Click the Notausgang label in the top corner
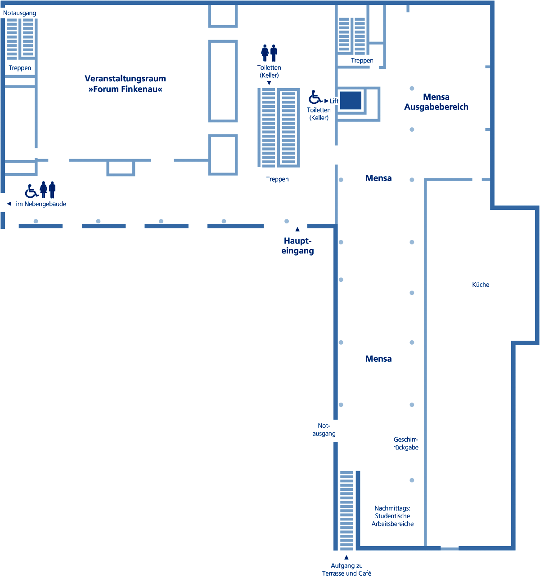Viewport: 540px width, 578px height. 19,13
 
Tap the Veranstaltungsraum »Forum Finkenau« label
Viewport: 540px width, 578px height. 125,84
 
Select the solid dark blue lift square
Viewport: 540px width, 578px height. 351,100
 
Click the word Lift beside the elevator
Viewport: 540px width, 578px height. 334,101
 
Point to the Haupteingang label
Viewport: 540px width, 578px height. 297,246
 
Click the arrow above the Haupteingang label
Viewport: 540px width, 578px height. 297,229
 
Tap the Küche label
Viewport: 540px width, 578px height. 481,285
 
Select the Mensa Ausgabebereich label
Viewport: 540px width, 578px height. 436,102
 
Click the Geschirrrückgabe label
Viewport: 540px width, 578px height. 405,443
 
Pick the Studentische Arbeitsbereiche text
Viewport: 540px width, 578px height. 392,520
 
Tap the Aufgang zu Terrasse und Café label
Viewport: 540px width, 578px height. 346,569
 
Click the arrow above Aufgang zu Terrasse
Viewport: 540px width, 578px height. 346,557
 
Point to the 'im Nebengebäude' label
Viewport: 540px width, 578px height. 41,204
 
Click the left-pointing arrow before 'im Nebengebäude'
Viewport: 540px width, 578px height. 9,204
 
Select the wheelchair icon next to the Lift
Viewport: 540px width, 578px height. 315,97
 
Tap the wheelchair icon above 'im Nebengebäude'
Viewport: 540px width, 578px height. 31,191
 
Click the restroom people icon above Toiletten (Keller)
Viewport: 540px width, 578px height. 269,53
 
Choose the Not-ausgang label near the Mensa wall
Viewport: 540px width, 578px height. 324,430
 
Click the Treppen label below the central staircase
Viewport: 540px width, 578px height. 277,179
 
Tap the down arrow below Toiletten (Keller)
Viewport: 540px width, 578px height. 269,83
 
